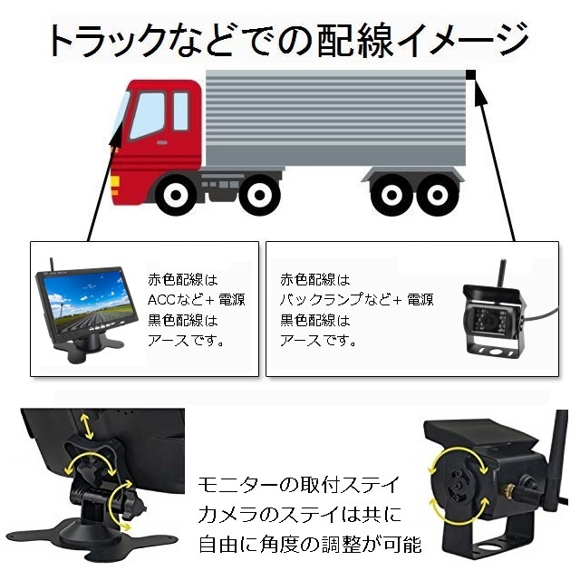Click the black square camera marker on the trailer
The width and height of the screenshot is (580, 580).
coord(470,74)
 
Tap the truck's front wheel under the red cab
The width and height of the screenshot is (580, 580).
coord(176,195)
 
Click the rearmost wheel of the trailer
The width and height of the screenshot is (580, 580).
coord(438,195)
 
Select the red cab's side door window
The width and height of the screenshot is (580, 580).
coord(148,115)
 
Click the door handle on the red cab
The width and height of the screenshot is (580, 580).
coord(161,142)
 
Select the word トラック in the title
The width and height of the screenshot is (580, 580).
coord(107,41)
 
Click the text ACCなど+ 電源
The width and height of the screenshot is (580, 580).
coord(196,300)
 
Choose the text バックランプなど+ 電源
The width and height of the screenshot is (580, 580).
coord(356,300)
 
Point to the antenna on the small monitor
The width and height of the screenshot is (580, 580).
coord(52,265)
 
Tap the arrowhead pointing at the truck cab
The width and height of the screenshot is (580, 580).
coord(115,136)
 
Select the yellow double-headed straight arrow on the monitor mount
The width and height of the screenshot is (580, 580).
coord(87,427)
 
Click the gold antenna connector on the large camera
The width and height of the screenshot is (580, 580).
coord(507,490)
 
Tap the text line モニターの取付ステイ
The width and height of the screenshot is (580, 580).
coord(298,485)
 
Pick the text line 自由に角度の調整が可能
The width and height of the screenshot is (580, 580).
coord(310,545)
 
